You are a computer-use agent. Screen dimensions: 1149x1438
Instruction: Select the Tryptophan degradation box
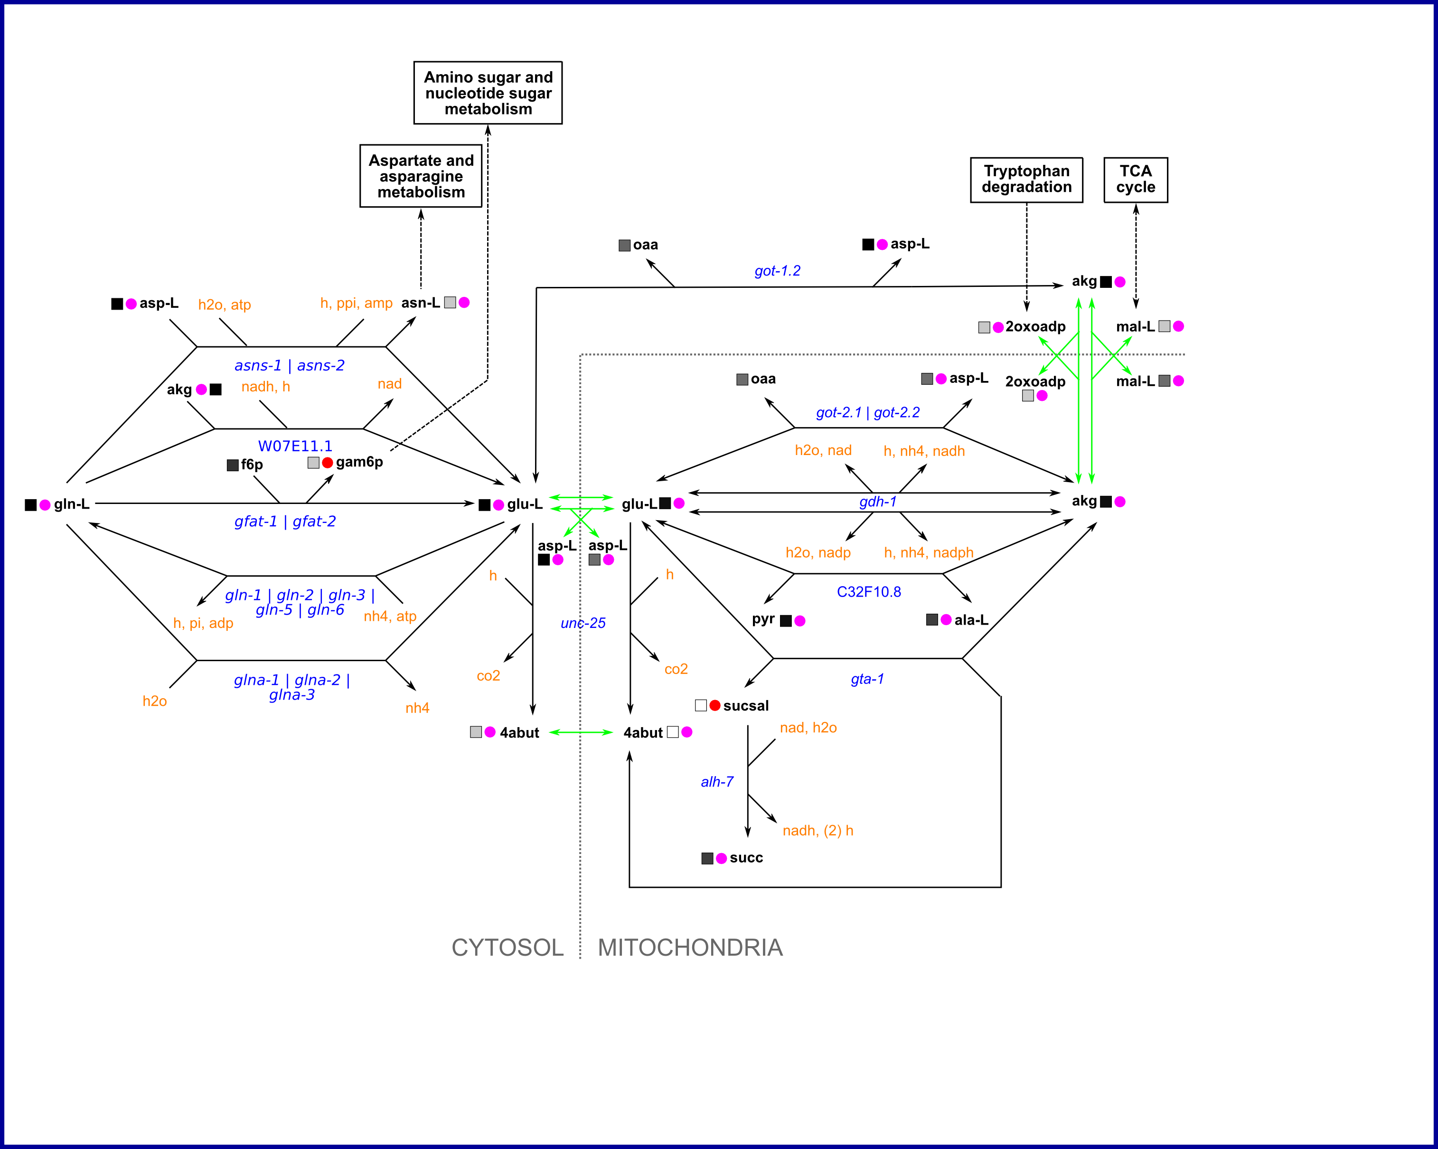[x=1026, y=180]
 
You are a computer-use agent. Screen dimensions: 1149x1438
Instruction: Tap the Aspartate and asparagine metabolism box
[x=421, y=176]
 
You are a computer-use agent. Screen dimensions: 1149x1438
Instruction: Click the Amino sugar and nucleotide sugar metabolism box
[x=488, y=93]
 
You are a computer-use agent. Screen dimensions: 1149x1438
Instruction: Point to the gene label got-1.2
[x=777, y=271]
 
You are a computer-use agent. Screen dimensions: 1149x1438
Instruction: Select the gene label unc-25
[x=583, y=623]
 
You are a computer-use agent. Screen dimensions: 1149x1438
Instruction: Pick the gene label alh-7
[x=717, y=782]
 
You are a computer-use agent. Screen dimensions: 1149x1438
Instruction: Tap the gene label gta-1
[x=867, y=679]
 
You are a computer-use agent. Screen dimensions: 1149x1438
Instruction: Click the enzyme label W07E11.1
[x=295, y=446]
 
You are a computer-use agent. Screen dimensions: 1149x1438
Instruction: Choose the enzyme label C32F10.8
[x=868, y=592]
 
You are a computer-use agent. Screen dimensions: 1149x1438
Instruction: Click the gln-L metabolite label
[x=71, y=504]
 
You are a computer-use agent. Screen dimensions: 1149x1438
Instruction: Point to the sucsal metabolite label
[x=746, y=706]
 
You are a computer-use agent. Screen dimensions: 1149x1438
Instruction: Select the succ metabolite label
[x=746, y=858]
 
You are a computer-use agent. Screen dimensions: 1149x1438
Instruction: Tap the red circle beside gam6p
[x=328, y=463]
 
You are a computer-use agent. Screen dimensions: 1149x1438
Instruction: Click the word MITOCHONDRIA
[x=690, y=948]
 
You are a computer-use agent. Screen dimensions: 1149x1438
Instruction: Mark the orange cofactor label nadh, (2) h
[x=818, y=831]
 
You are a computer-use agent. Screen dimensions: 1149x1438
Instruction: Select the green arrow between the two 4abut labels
[x=580, y=732]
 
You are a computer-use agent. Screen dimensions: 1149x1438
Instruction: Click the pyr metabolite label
[x=763, y=619]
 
